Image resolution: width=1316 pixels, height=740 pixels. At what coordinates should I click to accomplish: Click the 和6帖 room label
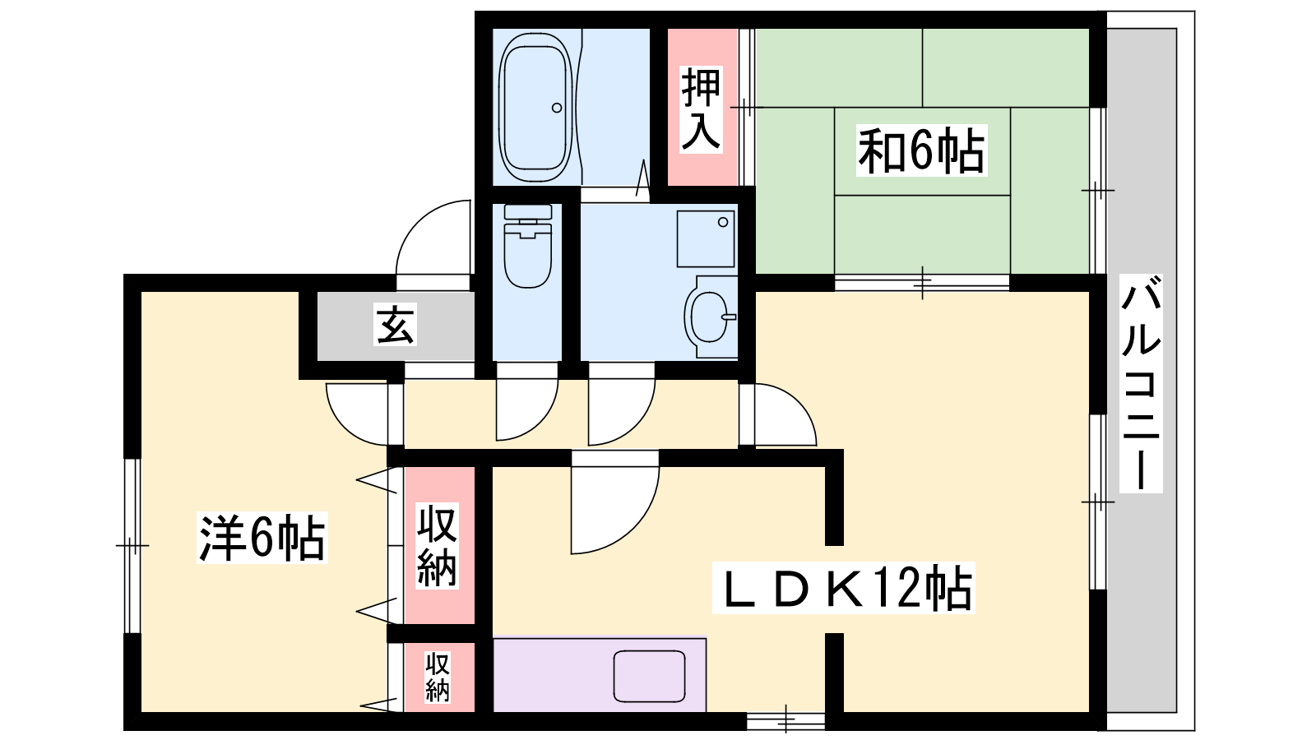(921, 150)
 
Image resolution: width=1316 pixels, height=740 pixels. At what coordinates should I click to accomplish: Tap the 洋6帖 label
(262, 538)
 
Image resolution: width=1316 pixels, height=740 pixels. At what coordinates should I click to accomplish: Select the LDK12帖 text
(843, 588)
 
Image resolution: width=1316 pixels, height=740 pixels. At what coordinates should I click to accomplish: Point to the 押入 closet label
(701, 109)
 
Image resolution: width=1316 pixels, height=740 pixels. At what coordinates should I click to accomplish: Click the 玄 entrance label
(396, 324)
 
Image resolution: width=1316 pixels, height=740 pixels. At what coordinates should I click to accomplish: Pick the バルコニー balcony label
(1141, 383)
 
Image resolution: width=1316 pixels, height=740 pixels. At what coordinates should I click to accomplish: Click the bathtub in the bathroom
(535, 107)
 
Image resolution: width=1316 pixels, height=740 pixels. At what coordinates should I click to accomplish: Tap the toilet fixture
(527, 246)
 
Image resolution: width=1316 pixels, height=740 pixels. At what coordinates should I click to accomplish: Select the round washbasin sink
(710, 317)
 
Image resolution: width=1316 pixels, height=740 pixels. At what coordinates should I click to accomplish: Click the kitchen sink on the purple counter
(649, 676)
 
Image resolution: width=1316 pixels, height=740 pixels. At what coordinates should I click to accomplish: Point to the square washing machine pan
(706, 239)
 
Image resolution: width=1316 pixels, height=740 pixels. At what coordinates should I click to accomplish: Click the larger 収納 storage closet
(438, 545)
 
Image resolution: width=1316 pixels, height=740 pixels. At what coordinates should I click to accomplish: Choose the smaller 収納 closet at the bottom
(438, 677)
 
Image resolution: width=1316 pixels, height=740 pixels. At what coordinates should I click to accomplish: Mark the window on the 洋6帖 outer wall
(132, 546)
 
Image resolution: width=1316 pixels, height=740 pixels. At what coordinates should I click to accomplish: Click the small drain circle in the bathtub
(556, 108)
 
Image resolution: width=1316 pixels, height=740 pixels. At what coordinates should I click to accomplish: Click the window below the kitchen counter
(785, 720)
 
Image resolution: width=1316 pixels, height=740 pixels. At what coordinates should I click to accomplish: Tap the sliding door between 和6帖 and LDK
(922, 283)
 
